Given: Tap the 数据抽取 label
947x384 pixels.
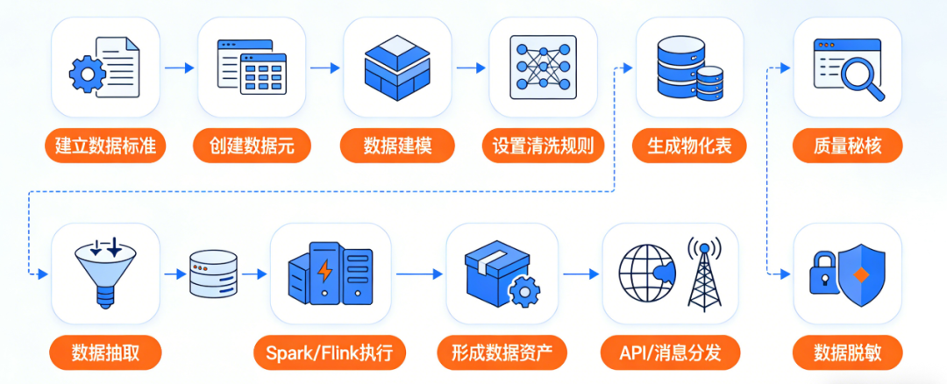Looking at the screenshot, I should (105, 353).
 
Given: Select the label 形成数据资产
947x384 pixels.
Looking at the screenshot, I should (502, 353).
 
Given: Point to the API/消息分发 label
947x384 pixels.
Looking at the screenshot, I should (672, 353).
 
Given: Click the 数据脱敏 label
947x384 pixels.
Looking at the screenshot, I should (847, 353).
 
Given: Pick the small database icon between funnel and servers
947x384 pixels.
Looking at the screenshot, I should (213, 274).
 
